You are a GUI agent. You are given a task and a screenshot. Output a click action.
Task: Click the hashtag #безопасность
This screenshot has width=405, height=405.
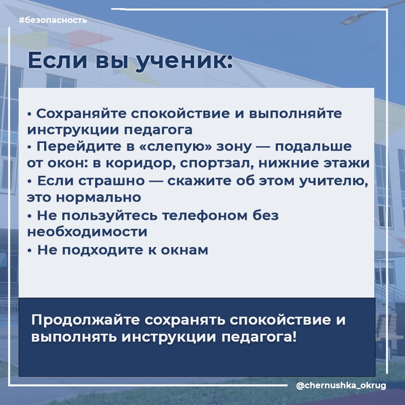point(53,20)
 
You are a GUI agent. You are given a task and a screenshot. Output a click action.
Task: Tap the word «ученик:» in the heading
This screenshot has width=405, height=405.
point(184,61)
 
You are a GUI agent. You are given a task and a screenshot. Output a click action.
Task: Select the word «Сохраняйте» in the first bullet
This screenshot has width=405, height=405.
point(81,114)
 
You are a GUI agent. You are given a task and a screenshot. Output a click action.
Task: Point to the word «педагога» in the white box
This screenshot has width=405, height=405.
point(158,130)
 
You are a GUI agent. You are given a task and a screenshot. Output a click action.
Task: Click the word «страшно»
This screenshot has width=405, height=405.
point(111,181)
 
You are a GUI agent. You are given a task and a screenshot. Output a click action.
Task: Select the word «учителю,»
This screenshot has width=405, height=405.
point(333,181)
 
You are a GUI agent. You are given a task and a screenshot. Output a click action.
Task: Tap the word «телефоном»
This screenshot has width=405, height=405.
point(205,215)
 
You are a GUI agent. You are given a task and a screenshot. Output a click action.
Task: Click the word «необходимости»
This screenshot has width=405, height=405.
point(87,232)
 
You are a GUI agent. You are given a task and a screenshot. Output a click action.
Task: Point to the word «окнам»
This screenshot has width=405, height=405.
point(184,250)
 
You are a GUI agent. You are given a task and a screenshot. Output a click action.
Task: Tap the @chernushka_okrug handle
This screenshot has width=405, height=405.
point(341,386)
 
